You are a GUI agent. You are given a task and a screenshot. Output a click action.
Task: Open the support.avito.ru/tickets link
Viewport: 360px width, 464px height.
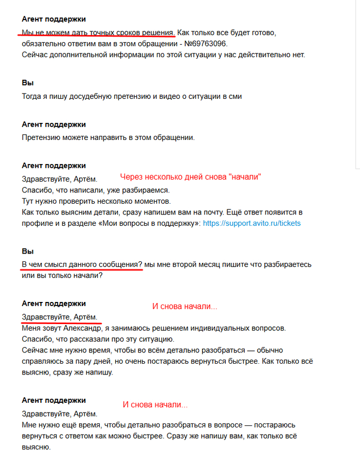click(252, 223)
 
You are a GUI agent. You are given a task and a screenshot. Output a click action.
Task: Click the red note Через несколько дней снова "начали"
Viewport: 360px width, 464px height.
click(191, 177)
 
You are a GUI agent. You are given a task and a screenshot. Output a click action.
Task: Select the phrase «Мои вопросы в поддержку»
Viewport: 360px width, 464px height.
click(148, 223)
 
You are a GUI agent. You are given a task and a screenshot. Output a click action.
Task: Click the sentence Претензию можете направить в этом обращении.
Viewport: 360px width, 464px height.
click(108, 137)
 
